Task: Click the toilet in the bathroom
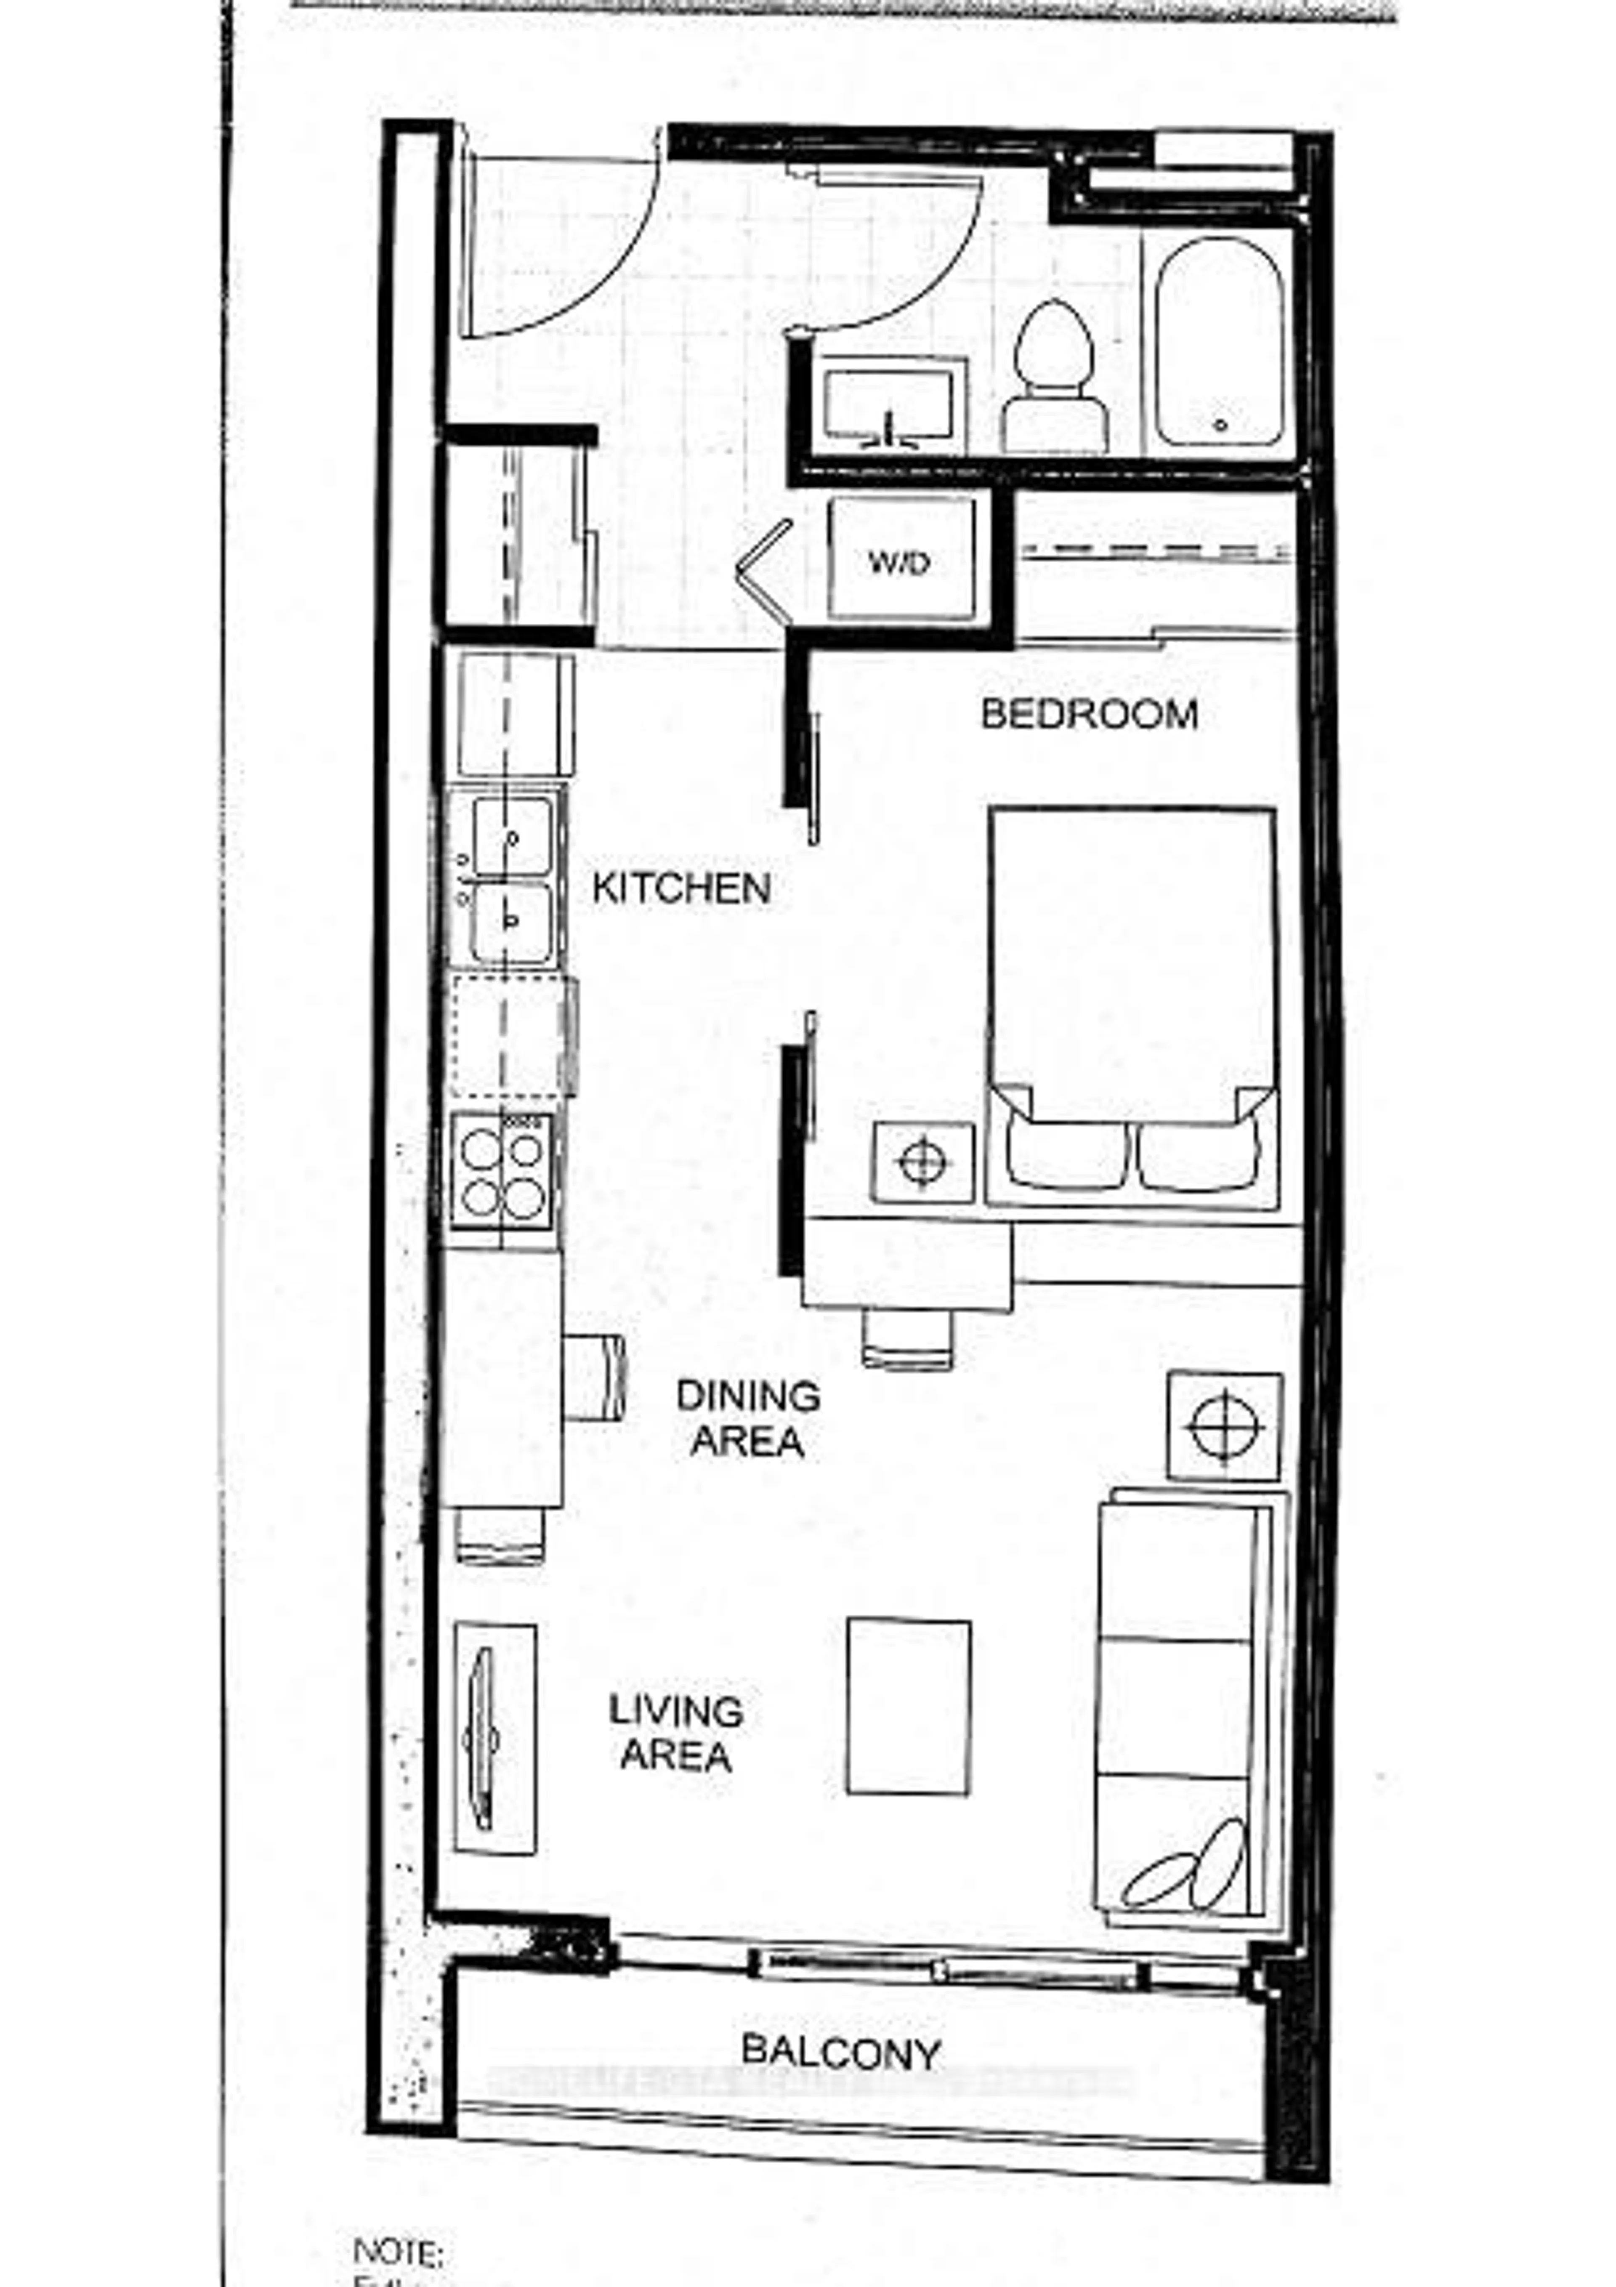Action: click(1054, 378)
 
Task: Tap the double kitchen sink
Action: click(510, 880)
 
